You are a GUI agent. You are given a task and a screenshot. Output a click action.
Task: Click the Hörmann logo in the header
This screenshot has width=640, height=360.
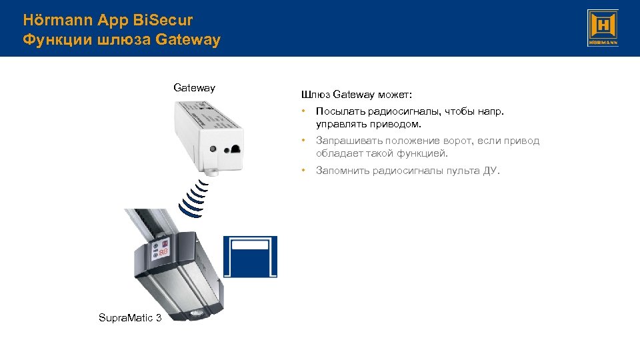pyautogui.click(x=603, y=28)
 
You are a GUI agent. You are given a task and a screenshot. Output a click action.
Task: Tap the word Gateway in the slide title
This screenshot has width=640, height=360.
pyautogui.click(x=187, y=40)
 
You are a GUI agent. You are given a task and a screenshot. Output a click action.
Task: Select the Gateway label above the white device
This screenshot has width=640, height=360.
pyautogui.click(x=194, y=87)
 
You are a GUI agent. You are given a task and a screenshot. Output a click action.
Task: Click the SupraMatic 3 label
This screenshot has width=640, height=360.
pyautogui.click(x=130, y=317)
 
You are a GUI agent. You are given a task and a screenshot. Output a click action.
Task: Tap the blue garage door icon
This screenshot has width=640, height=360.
pyautogui.click(x=251, y=257)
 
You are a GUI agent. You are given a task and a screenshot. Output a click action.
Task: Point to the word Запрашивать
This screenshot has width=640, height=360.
pyautogui.click(x=345, y=141)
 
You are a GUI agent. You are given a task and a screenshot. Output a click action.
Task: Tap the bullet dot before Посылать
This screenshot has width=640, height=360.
pyautogui.click(x=303, y=111)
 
